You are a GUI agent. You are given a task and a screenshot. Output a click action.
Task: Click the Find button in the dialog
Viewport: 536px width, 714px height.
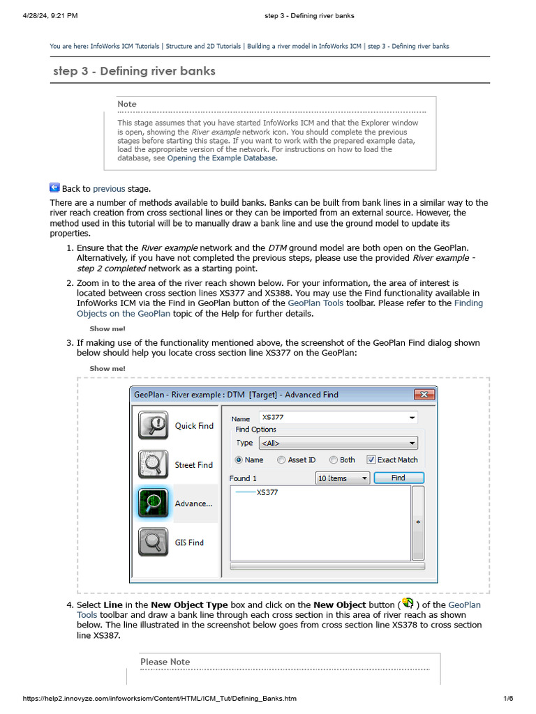[399, 478]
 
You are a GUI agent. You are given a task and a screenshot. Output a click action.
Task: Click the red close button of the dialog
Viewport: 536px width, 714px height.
[424, 395]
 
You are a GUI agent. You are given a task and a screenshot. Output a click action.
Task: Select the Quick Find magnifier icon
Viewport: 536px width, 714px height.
[153, 425]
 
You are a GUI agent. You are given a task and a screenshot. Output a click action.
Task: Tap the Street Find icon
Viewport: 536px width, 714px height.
[153, 464]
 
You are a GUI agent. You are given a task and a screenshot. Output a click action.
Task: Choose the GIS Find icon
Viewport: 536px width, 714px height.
[153, 542]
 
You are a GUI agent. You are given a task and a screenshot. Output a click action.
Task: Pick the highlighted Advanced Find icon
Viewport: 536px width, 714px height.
[153, 503]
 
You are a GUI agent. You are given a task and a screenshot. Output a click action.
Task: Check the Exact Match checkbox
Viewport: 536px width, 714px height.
[371, 460]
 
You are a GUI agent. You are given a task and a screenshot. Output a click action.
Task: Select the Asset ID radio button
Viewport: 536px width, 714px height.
[281, 460]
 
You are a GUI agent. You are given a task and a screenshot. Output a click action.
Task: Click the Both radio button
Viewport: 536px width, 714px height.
[334, 460]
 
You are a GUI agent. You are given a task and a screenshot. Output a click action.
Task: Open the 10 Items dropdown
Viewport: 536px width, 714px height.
[343, 478]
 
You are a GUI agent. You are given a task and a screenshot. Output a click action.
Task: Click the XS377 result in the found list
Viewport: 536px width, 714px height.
[267, 492]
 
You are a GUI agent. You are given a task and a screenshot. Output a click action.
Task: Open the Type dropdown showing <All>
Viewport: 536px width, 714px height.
[337, 443]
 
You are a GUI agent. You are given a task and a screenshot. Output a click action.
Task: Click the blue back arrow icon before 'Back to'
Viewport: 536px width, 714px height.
[54, 188]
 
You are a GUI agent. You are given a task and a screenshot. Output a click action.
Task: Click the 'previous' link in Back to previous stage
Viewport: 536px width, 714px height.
[109, 188]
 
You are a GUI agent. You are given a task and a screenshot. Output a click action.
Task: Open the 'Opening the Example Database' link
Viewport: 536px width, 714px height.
[221, 158]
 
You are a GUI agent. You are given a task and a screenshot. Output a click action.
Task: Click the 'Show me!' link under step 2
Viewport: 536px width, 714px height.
[107, 328]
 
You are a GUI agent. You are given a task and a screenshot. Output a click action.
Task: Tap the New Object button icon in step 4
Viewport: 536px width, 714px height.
[409, 604]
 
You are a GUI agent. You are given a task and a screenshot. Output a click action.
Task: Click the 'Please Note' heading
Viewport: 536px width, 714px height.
[165, 662]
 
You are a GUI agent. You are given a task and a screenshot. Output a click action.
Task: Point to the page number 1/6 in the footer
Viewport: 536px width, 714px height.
[508, 699]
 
